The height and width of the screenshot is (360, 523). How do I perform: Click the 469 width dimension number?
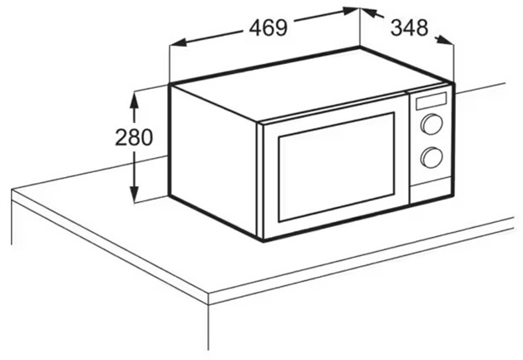(269, 27)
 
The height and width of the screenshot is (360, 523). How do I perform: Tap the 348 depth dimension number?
(409, 27)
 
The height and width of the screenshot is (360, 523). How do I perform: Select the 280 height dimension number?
(134, 137)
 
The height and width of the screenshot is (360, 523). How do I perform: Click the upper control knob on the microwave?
(432, 124)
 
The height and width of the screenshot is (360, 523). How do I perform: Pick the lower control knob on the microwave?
(432, 157)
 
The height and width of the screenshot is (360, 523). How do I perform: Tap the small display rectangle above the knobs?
(431, 101)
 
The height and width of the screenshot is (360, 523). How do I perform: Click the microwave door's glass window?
(337, 167)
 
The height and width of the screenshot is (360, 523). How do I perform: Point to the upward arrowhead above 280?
(134, 100)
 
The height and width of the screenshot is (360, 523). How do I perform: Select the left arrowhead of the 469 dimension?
(177, 42)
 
